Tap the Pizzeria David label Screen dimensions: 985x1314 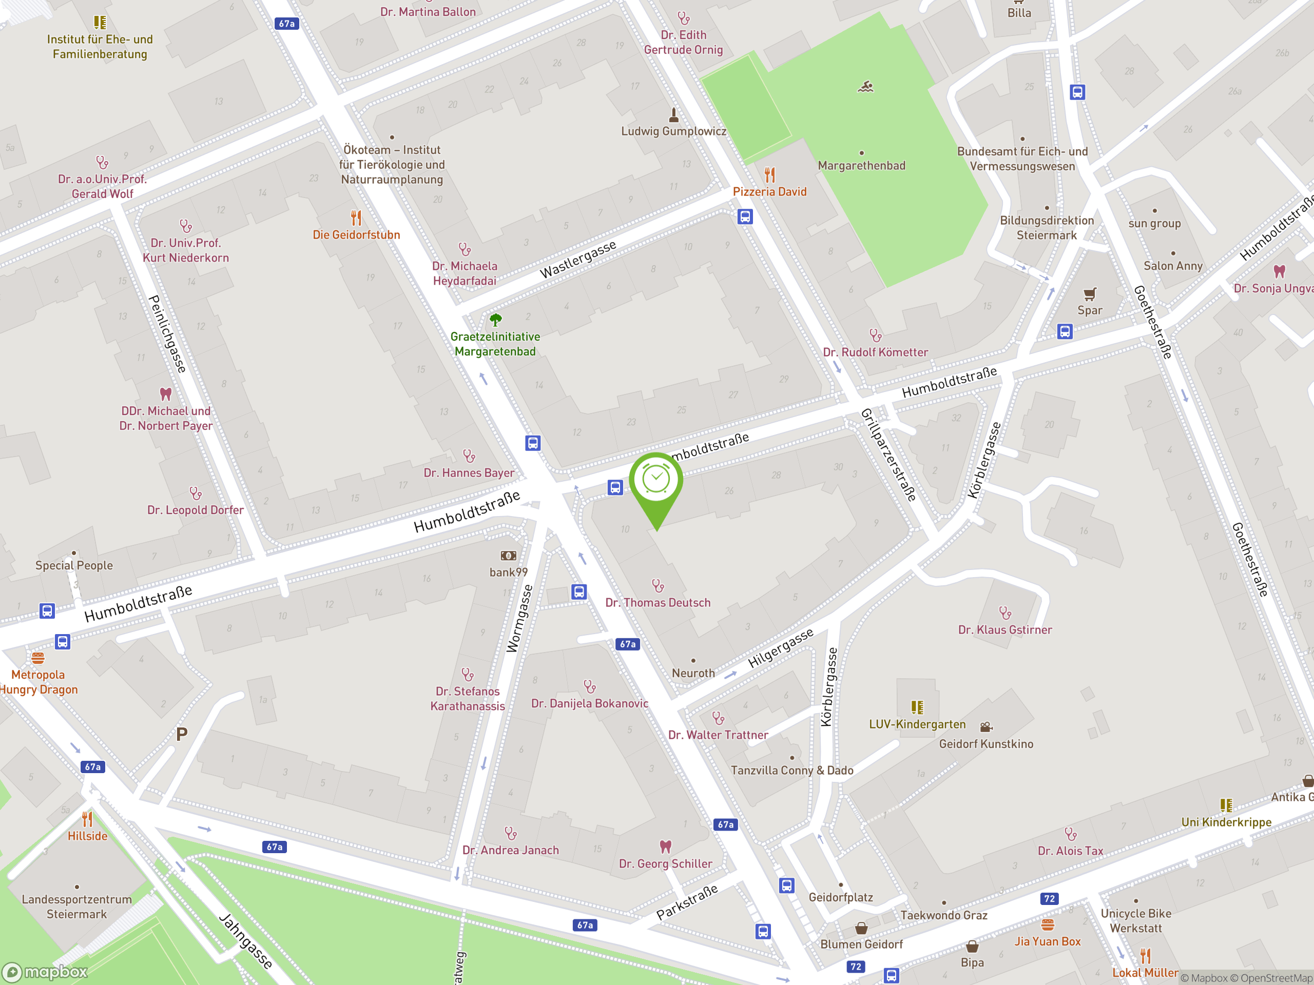tap(769, 192)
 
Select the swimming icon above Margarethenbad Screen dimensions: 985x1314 tap(865, 87)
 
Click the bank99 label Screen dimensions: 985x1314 tap(509, 573)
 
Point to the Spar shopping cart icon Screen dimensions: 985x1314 tap(1090, 294)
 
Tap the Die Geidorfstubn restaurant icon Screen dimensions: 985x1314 tap(356, 218)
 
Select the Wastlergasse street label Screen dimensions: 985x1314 tap(577, 260)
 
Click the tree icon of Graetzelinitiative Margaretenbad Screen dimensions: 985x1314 tap(495, 320)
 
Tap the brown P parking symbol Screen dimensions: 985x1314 tap(182, 735)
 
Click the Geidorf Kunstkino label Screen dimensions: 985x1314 tap(986, 744)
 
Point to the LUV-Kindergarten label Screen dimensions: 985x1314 tap(917, 724)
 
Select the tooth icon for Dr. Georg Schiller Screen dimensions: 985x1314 tap(665, 846)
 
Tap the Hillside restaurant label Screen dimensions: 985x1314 tap(87, 836)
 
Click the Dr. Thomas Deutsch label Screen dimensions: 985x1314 tap(658, 603)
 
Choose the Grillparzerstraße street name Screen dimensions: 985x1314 tap(888, 455)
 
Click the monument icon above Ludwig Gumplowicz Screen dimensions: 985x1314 tap(673, 114)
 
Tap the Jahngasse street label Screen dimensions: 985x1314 tap(245, 941)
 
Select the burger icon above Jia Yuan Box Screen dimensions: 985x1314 tap(1047, 924)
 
